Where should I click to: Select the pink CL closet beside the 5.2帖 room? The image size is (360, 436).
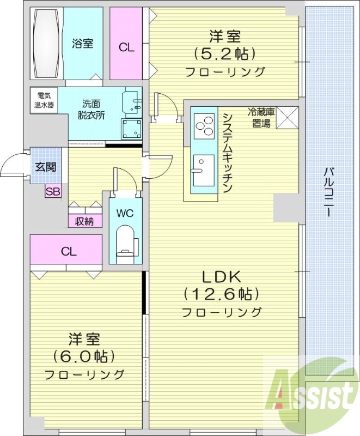click(126, 46)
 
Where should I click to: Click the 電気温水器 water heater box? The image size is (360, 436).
click(42, 100)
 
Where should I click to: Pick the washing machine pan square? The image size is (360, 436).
click(131, 129)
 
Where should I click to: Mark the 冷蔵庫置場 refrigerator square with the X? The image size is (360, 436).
click(287, 118)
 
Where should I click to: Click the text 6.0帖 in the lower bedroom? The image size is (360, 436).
click(84, 356)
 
